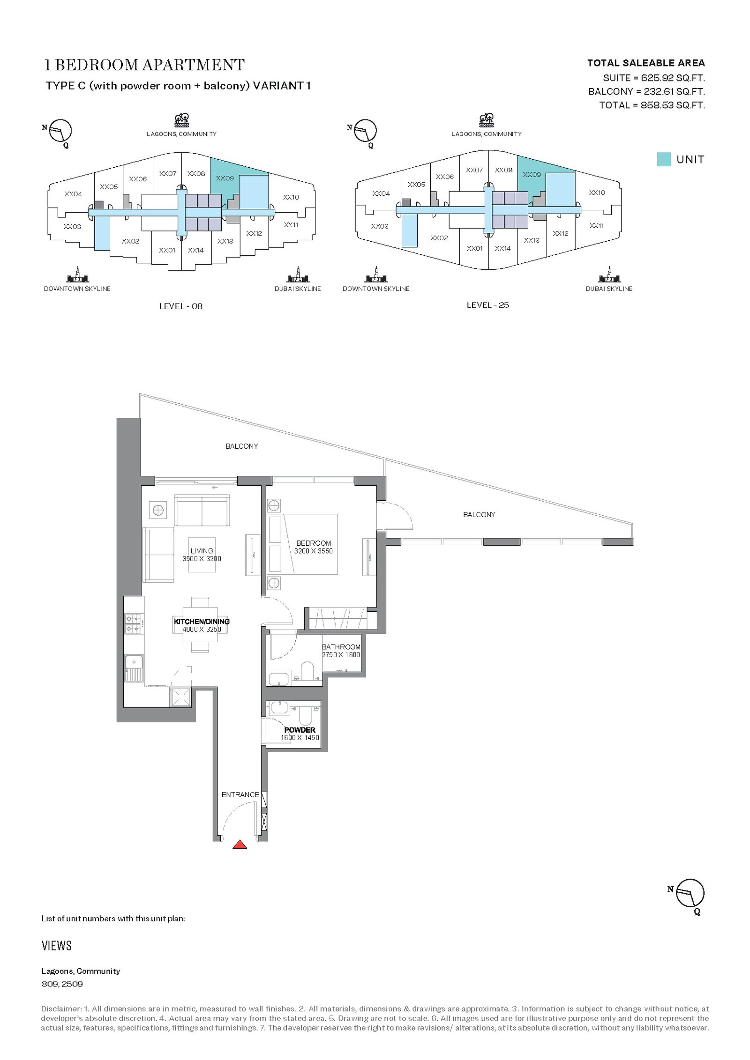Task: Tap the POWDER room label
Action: (x=300, y=730)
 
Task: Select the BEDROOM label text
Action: (x=314, y=543)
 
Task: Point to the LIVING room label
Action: (x=202, y=551)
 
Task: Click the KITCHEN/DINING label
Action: (x=202, y=622)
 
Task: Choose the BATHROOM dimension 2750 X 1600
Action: (x=341, y=655)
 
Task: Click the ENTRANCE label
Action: (x=240, y=794)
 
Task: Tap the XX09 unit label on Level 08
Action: (x=225, y=178)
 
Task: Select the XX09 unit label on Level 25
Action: (x=532, y=175)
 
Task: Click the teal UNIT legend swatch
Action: (x=664, y=159)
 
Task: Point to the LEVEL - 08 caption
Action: (x=181, y=306)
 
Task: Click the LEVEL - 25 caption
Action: (x=487, y=305)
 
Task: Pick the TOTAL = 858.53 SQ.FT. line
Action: (x=652, y=105)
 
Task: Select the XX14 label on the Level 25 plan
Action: (x=502, y=249)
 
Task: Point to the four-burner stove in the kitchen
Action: (x=134, y=623)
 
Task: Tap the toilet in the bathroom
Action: (x=307, y=671)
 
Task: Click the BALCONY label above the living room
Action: (x=242, y=446)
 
